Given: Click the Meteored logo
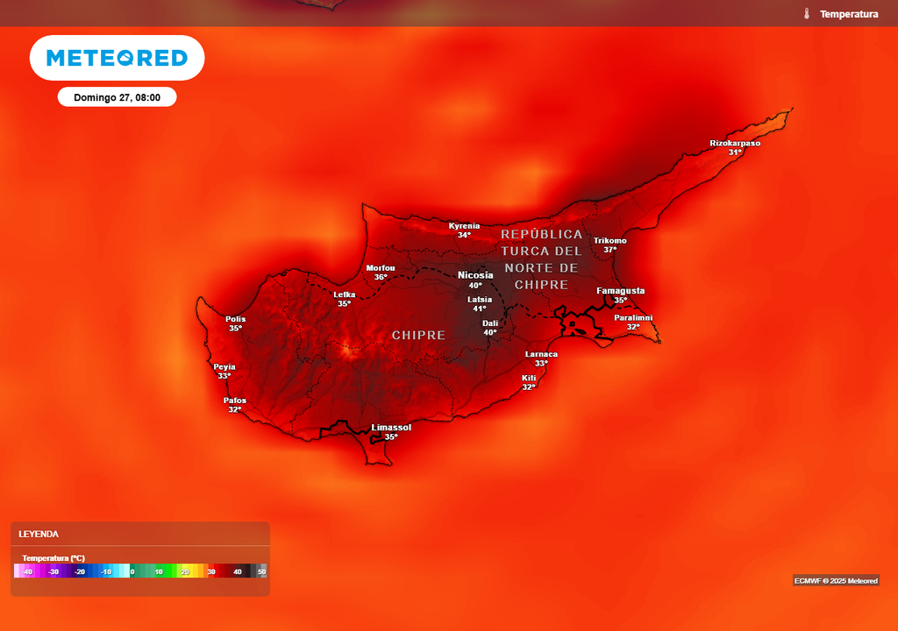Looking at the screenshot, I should (117, 58).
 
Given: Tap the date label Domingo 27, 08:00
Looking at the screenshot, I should (117, 97).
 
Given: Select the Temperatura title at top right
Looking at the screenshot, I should (849, 14).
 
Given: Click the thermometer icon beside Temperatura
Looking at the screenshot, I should (806, 14).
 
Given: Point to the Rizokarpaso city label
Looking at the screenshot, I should (735, 143).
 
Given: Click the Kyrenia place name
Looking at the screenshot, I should (464, 225).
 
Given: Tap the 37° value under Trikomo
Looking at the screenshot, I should (610, 250).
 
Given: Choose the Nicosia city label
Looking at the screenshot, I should (475, 275).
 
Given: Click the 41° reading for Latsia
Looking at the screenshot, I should (480, 308).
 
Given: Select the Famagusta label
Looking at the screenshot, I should (620, 290).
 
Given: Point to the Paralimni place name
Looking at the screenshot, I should (633, 317).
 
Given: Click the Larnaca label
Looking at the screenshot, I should (541, 354).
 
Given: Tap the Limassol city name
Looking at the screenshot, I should (391, 428).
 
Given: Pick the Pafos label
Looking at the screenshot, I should (235, 401).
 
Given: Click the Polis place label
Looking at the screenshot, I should (235, 319).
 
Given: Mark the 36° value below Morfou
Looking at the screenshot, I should (381, 277).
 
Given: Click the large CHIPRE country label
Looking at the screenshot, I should (418, 336).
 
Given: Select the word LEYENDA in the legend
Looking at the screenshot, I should (39, 534).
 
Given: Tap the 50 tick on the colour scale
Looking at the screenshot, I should (261, 571).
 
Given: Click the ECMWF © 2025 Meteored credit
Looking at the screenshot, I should (836, 580).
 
